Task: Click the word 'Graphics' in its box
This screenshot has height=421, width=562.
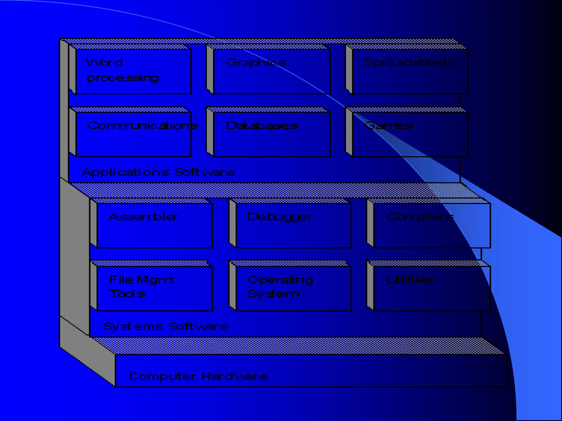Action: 256,63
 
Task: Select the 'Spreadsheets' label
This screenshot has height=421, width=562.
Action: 410,63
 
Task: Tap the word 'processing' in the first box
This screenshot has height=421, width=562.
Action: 123,78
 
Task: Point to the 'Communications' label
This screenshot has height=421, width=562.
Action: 142,126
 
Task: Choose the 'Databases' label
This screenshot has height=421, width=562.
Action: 262,126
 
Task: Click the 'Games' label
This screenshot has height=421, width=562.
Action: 388,126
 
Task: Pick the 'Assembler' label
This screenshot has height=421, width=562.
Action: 144,217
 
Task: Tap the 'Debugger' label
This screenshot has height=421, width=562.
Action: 280,217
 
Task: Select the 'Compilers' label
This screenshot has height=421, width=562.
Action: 420,217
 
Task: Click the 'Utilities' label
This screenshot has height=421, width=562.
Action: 410,280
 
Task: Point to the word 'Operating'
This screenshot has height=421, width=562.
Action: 280,280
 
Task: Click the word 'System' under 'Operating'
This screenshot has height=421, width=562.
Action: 273,294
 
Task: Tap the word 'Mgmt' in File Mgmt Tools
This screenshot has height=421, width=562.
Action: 155,280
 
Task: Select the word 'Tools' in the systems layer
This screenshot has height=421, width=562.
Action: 127,294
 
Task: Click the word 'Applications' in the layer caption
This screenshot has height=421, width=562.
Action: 125,172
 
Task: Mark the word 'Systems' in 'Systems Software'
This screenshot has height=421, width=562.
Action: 133,327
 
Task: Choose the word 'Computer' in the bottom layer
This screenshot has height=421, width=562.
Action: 163,377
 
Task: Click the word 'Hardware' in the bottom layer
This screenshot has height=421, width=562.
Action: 235,377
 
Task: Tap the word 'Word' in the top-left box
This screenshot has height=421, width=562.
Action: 104,63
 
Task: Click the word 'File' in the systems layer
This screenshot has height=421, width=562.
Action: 121,280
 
